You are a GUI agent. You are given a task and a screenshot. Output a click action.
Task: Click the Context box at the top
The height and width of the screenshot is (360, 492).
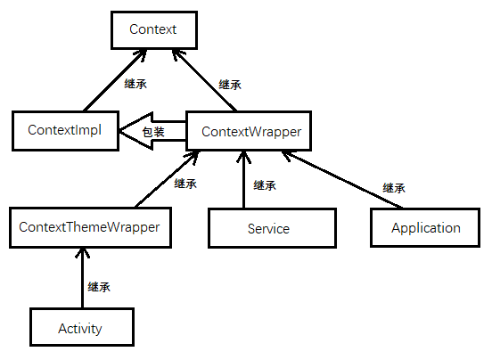(x=152, y=29)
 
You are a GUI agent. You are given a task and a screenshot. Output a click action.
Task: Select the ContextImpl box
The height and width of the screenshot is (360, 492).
(x=65, y=130)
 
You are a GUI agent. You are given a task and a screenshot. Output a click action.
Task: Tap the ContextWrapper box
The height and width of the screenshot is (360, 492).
(x=250, y=132)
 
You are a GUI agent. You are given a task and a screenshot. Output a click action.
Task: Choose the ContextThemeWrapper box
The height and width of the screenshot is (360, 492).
(x=89, y=227)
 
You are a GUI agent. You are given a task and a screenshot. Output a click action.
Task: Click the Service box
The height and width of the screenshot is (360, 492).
(x=268, y=228)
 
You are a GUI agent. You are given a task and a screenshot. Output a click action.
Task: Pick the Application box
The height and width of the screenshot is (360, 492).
(x=425, y=227)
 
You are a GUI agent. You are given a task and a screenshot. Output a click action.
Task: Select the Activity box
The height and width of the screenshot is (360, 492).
(x=80, y=328)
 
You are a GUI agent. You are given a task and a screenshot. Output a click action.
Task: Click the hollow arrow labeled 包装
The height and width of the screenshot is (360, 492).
(x=152, y=132)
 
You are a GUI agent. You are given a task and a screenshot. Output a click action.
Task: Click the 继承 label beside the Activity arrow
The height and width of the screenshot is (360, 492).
(x=99, y=287)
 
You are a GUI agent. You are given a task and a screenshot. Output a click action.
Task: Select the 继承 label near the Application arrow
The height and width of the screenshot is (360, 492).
(x=394, y=188)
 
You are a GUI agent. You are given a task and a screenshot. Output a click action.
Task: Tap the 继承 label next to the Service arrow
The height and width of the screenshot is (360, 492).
(x=265, y=185)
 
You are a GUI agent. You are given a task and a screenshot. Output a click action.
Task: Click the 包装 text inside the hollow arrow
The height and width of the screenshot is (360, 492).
(x=153, y=133)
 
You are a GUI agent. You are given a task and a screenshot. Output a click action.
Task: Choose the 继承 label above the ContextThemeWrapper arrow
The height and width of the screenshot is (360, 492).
(x=185, y=184)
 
